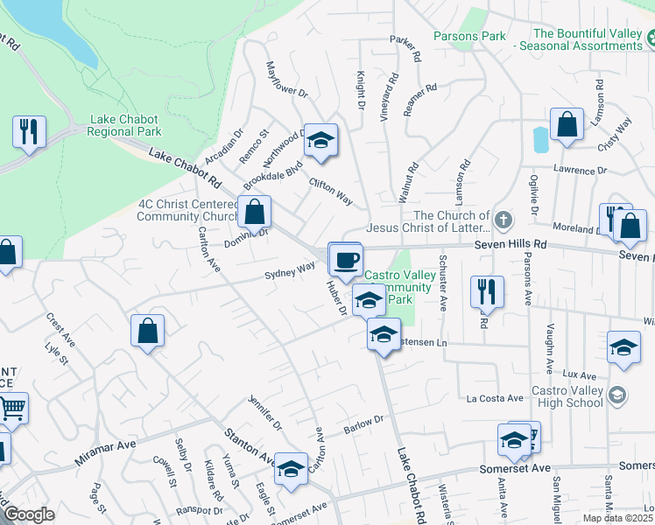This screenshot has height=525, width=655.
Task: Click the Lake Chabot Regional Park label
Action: (x=124, y=125)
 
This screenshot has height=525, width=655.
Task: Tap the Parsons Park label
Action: (x=470, y=36)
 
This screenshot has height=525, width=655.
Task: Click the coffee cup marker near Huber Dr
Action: (x=345, y=259)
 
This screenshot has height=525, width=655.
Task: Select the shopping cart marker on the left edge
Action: (x=12, y=407)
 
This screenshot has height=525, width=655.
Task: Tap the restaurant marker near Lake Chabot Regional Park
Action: (x=29, y=132)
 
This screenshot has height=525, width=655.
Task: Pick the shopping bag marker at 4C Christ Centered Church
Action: (x=254, y=212)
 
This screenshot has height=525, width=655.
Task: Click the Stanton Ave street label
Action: (x=250, y=447)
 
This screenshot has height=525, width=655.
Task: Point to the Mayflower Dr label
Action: (x=287, y=80)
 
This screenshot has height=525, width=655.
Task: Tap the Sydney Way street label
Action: (x=290, y=272)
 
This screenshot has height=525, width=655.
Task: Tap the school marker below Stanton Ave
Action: (x=291, y=469)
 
